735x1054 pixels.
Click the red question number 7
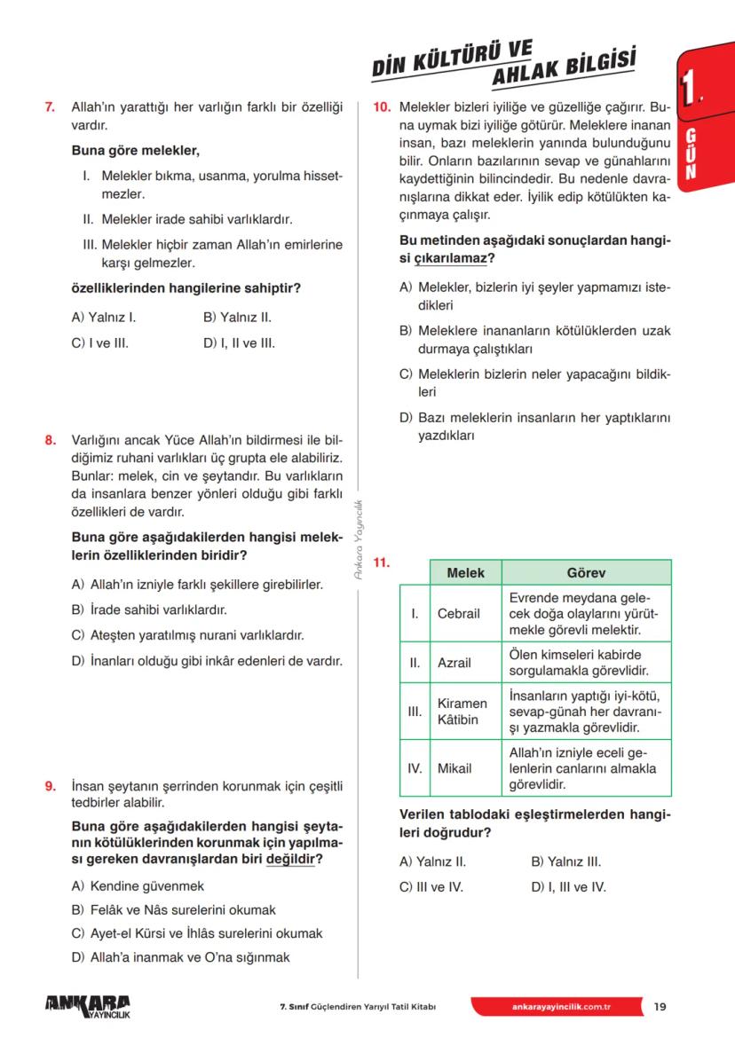(50, 108)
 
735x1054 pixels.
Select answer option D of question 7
(239, 342)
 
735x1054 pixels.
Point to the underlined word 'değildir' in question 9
(290, 860)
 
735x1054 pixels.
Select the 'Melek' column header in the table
(465, 572)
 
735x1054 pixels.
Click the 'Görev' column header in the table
(586, 572)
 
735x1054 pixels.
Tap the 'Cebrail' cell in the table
(459, 614)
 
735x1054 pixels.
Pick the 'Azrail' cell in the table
(454, 662)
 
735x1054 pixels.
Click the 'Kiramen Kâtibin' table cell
(462, 711)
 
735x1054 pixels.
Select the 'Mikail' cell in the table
(454, 768)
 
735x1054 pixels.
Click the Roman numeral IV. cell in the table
(415, 768)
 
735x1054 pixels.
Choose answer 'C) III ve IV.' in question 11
(431, 885)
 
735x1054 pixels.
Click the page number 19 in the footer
(660, 1006)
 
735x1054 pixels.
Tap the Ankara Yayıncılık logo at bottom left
(87, 1005)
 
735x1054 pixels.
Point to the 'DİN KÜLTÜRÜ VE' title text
(452, 59)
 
